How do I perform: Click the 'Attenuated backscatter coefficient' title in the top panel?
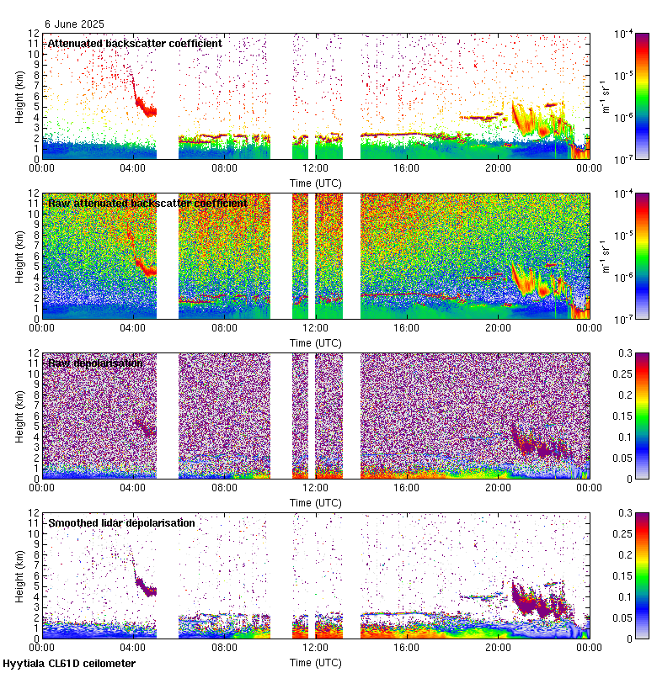coord(135,43)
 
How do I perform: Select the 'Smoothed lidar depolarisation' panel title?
coord(121,522)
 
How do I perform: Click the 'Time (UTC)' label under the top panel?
coord(315,183)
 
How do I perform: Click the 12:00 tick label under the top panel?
coord(315,167)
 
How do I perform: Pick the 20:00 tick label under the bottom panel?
coord(497,648)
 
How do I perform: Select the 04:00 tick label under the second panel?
coord(133,327)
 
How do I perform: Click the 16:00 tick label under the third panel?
coord(406,487)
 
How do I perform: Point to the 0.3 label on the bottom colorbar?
coord(624,513)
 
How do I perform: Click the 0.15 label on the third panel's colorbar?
coord(627,416)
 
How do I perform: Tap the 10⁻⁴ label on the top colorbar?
coord(625,34)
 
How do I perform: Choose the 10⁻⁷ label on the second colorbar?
coord(625,318)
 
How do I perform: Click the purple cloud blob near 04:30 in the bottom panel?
coord(146,586)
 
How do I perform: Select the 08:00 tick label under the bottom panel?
coord(224,648)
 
